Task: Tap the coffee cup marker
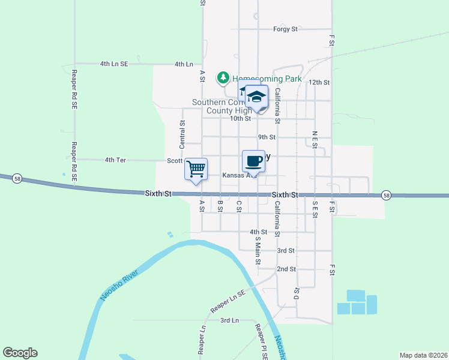(253, 161)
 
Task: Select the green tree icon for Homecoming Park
(223, 77)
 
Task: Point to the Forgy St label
(285, 29)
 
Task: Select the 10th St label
(240, 118)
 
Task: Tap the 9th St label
(267, 137)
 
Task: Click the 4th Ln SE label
(114, 64)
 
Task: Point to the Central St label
(182, 134)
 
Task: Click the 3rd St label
(286, 250)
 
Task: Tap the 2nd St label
(287, 269)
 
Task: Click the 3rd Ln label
(229, 320)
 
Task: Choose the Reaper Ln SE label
(228, 302)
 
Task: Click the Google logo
(20, 353)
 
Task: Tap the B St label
(220, 206)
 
